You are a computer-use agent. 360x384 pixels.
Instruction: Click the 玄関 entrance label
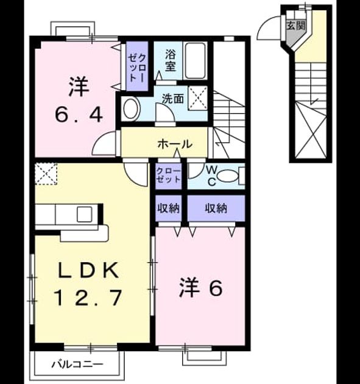pyautogui.click(x=296, y=26)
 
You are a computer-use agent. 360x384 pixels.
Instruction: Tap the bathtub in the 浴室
pyautogui.click(x=195, y=61)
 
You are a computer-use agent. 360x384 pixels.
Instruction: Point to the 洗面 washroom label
pyautogui.click(x=173, y=99)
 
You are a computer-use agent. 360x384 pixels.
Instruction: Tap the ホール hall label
pyautogui.click(x=175, y=144)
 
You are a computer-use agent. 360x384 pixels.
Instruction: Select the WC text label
pyautogui.click(x=211, y=176)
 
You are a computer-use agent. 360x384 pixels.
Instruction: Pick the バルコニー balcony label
pyautogui.click(x=77, y=364)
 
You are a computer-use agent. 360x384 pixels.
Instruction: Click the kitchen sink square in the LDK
pyautogui.click(x=85, y=215)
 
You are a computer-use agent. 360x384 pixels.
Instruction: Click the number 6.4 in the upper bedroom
pyautogui.click(x=79, y=115)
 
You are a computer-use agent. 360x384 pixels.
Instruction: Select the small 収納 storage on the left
pyautogui.click(x=169, y=208)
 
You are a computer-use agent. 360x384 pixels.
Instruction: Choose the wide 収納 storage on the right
pyautogui.click(x=216, y=208)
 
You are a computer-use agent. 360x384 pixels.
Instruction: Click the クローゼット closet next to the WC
pyautogui.click(x=168, y=176)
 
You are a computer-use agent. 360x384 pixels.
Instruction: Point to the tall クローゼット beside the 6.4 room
pyautogui.click(x=137, y=66)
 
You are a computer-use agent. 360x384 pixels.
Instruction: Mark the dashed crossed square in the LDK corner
pyautogui.click(x=46, y=174)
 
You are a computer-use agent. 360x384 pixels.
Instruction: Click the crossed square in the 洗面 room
pyautogui.click(x=198, y=98)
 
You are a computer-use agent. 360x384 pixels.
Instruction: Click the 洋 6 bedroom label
pyautogui.click(x=201, y=288)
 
